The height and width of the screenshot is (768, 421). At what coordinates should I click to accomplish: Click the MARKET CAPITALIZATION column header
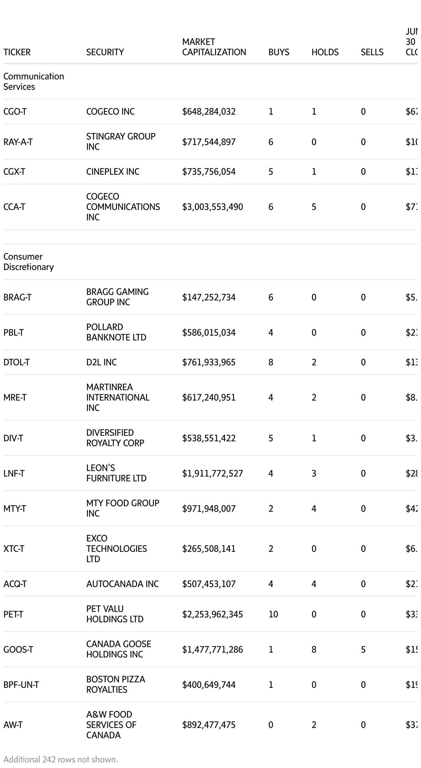click(x=214, y=47)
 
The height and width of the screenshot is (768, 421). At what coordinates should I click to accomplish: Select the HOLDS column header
click(x=325, y=52)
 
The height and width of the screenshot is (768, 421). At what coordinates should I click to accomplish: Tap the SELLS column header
click(x=372, y=52)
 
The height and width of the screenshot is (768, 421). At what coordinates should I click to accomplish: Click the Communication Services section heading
click(x=33, y=81)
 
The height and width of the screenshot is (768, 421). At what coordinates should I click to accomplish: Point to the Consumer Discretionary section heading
click(x=28, y=262)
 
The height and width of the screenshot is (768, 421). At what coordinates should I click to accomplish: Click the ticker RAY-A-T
click(x=18, y=142)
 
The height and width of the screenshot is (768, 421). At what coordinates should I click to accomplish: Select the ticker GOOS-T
click(x=18, y=650)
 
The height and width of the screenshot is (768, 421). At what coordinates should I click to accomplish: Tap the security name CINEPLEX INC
click(x=112, y=172)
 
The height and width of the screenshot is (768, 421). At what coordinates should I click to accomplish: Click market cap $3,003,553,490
click(x=213, y=207)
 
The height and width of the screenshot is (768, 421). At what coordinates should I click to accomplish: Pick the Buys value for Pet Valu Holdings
click(x=273, y=614)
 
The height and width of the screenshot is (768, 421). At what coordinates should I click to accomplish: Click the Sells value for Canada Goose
click(x=363, y=650)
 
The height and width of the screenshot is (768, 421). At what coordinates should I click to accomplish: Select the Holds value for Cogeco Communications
click(x=314, y=207)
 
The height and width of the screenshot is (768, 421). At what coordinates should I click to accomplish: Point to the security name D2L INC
click(x=101, y=362)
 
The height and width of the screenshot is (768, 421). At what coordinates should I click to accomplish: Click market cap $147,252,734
click(x=209, y=297)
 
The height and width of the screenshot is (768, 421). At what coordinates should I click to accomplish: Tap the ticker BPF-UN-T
click(x=21, y=685)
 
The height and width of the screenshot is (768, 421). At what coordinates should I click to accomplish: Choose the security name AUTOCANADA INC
click(x=122, y=584)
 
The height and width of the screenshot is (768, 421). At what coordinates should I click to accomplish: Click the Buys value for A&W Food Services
click(x=271, y=725)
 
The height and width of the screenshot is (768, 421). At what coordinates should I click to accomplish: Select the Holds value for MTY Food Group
click(x=314, y=509)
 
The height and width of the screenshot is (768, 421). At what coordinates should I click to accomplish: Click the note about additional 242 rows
click(x=61, y=760)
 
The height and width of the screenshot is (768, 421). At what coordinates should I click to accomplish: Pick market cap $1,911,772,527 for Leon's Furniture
click(x=213, y=473)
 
